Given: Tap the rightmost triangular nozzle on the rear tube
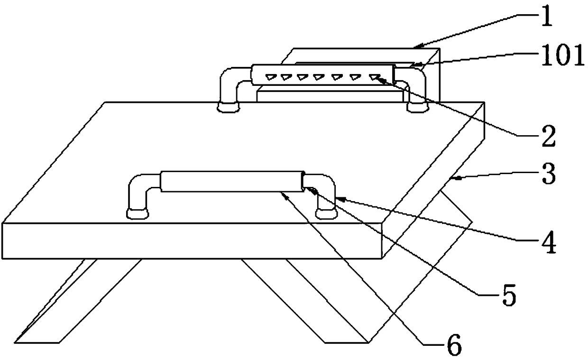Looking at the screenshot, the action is pos(375,76).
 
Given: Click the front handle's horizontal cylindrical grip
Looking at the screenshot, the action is pos(231,181).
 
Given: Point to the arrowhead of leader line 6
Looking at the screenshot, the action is pos(284,194).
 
